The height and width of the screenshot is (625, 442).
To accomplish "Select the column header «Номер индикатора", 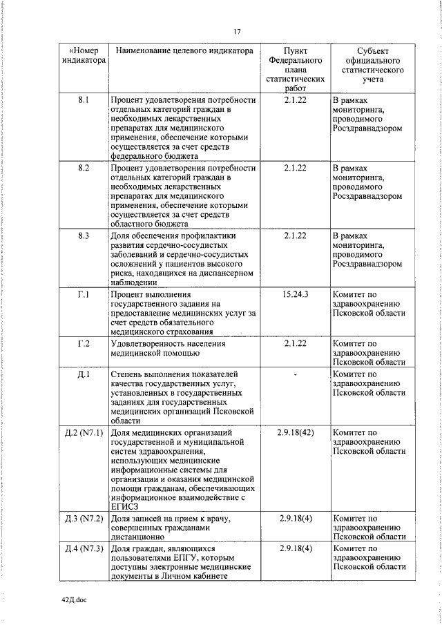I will pyautogui.click(x=82, y=56).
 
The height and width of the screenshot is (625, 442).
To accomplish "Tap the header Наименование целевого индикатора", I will pyautogui.click(x=184, y=51).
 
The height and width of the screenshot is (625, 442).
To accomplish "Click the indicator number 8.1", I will pyautogui.click(x=83, y=100).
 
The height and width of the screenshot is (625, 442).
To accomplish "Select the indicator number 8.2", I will pyautogui.click(x=83, y=168).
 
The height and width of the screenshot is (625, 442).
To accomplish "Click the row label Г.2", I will pyautogui.click(x=83, y=343).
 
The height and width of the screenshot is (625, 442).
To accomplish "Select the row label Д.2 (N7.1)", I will pyautogui.click(x=83, y=433).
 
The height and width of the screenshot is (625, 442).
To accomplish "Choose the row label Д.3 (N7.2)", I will pyautogui.click(x=83, y=518).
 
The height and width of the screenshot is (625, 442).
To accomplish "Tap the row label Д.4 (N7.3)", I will pyautogui.click(x=83, y=548).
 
